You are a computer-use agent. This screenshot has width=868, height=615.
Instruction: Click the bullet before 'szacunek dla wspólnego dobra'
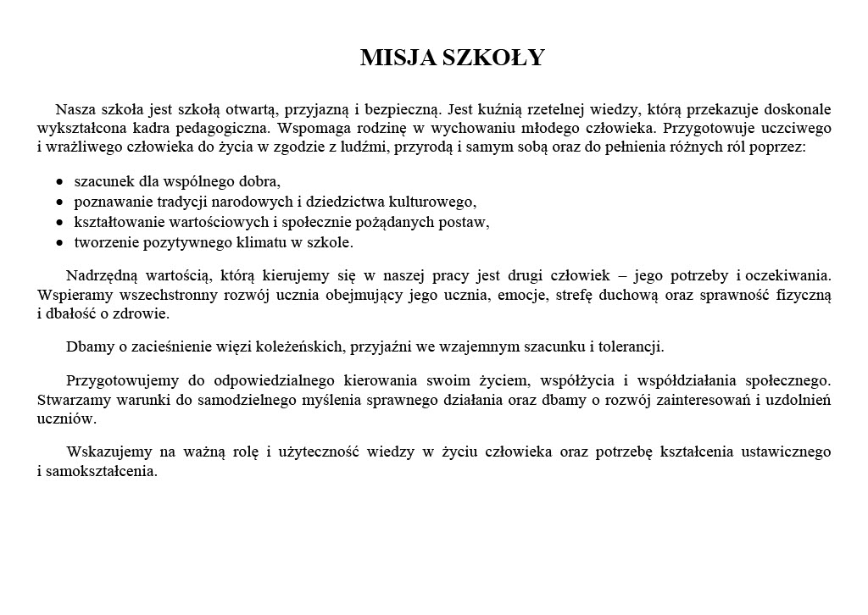(59, 182)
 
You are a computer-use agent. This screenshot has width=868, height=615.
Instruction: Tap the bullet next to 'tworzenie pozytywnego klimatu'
(59, 243)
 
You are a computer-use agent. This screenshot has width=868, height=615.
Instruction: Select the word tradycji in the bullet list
(175, 202)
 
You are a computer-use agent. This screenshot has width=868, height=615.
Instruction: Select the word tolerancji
(632, 346)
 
